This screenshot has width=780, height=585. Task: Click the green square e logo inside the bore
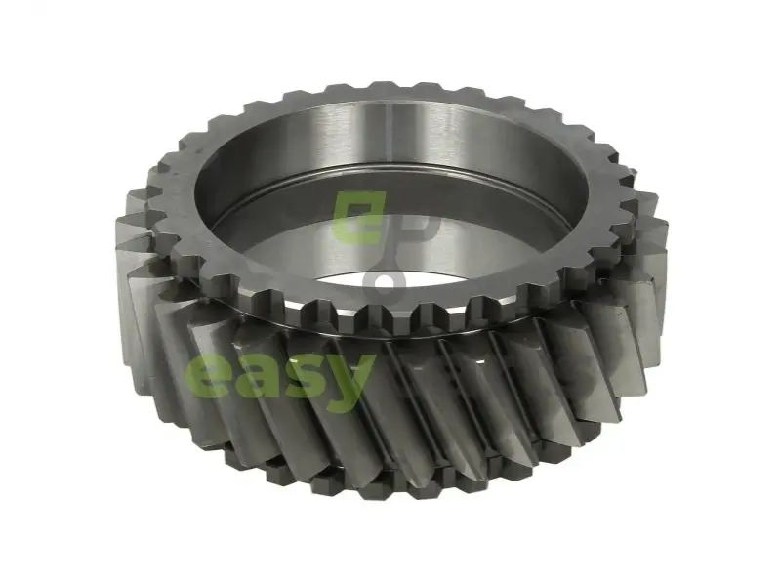[359, 218]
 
